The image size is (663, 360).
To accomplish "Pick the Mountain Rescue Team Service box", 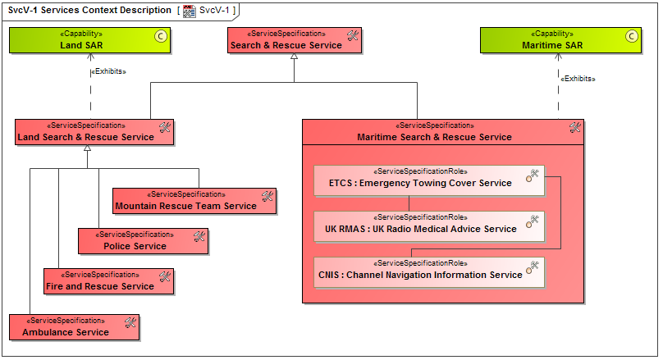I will (x=194, y=201).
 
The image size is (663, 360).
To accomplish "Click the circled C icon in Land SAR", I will (x=160, y=35).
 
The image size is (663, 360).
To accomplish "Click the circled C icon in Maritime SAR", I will (x=631, y=35).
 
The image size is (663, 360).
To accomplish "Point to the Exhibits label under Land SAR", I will (x=107, y=71).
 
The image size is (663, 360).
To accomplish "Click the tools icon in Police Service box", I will (x=199, y=236).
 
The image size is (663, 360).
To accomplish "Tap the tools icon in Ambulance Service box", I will (x=130, y=322).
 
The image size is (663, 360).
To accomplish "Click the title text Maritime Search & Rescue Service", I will (x=434, y=137).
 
